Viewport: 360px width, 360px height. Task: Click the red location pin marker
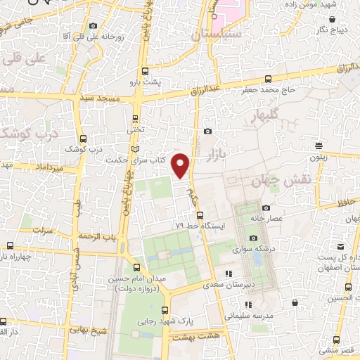pyautogui.click(x=181, y=165)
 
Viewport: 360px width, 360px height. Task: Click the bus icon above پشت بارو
pyautogui.click(x=145, y=71)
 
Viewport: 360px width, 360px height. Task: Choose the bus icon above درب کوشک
pyautogui.click(x=84, y=139)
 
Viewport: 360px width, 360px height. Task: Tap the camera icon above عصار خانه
pyautogui.click(x=266, y=207)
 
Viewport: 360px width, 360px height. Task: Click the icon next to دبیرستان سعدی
pyautogui.click(x=227, y=274)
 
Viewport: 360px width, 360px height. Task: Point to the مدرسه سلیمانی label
pyautogui.click(x=244, y=316)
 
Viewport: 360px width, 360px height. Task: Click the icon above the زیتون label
pyautogui.click(x=319, y=147)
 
